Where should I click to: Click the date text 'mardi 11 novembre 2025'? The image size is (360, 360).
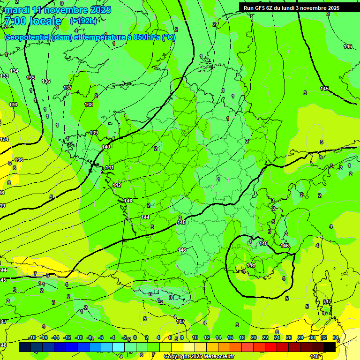[58, 10]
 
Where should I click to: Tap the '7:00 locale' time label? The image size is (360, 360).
[33, 21]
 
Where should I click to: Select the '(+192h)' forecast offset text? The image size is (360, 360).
[83, 21]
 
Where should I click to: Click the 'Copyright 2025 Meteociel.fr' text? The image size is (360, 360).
[199, 357]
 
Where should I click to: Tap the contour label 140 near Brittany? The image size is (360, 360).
[106, 147]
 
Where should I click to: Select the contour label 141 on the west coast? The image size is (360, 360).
[110, 167]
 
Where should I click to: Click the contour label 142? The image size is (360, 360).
[117, 185]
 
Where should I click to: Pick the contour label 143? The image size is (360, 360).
[128, 201]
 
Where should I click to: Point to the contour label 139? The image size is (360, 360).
[94, 133]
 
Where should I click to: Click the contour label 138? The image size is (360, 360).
[89, 105]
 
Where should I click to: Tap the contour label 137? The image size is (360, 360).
[67, 88]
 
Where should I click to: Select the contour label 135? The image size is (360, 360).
[30, 78]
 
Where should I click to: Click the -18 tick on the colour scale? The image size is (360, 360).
[32, 337]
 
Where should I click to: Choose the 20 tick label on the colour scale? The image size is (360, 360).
[254, 337]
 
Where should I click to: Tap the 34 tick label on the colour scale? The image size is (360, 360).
[335, 337]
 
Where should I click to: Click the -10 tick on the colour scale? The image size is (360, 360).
[79, 337]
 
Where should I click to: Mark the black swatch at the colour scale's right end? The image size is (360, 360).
[330, 347]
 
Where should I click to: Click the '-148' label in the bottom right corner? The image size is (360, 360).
[314, 356]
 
